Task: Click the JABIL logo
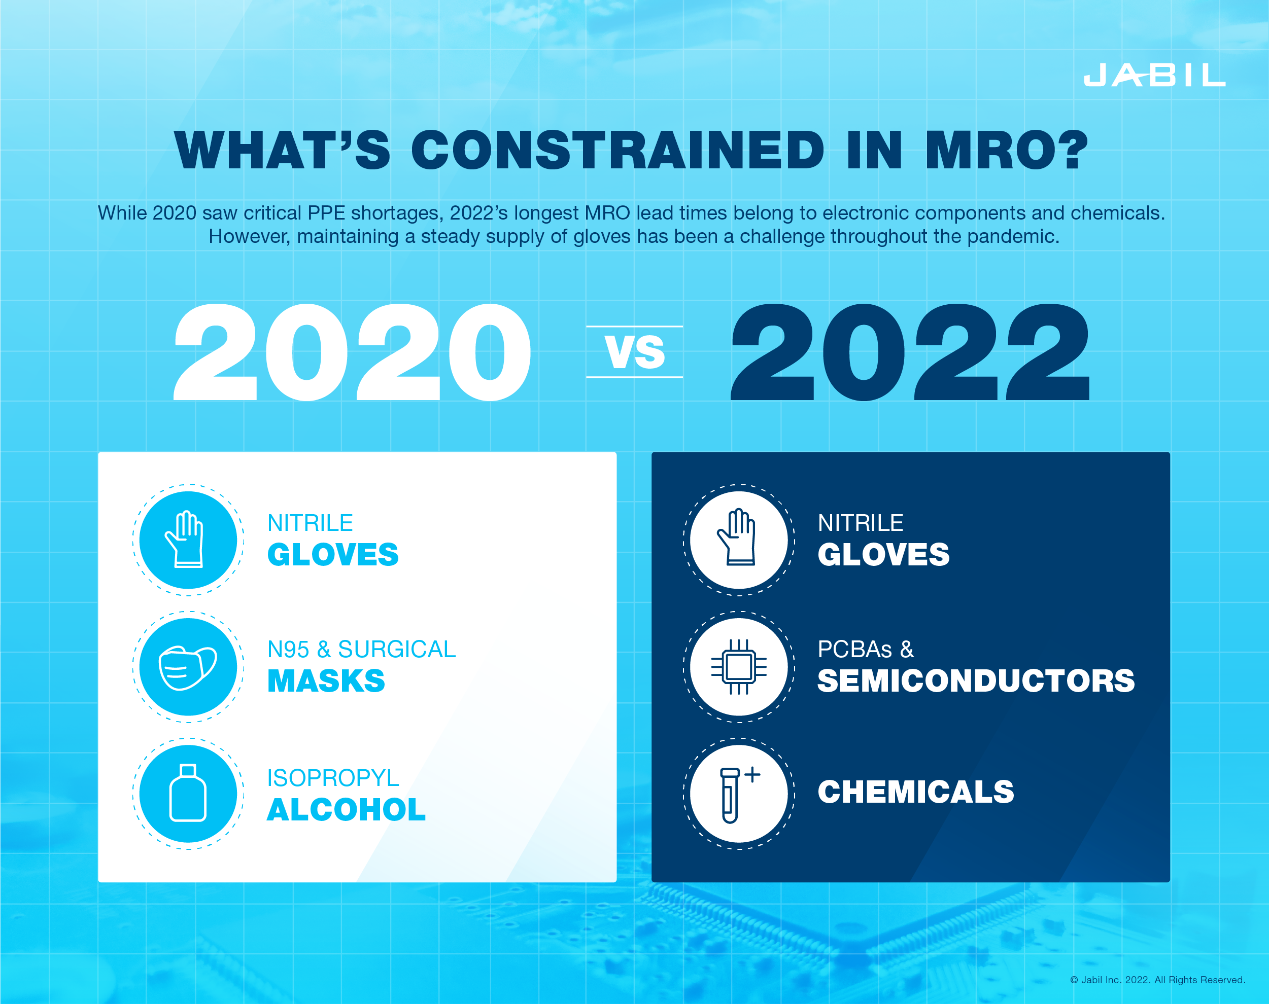click(1154, 75)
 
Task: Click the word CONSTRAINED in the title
click(618, 150)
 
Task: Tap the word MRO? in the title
click(1006, 150)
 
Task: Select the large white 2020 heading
click(352, 352)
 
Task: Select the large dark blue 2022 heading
click(910, 352)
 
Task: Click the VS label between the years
click(634, 352)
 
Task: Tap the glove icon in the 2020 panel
click(185, 539)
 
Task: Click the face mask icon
click(188, 668)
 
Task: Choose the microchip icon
click(739, 667)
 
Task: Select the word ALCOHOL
click(347, 809)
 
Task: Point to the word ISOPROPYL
click(333, 778)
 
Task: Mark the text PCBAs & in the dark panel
click(866, 649)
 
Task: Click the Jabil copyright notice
click(1157, 979)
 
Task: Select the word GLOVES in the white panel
click(333, 554)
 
